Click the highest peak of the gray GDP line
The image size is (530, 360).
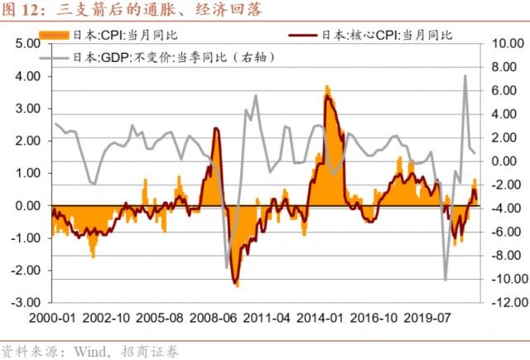(465, 76)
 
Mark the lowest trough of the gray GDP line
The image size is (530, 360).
(446, 280)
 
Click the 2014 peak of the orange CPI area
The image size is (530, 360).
(327, 85)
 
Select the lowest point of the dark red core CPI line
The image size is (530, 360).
(235, 282)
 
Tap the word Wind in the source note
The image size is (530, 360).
(94, 350)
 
